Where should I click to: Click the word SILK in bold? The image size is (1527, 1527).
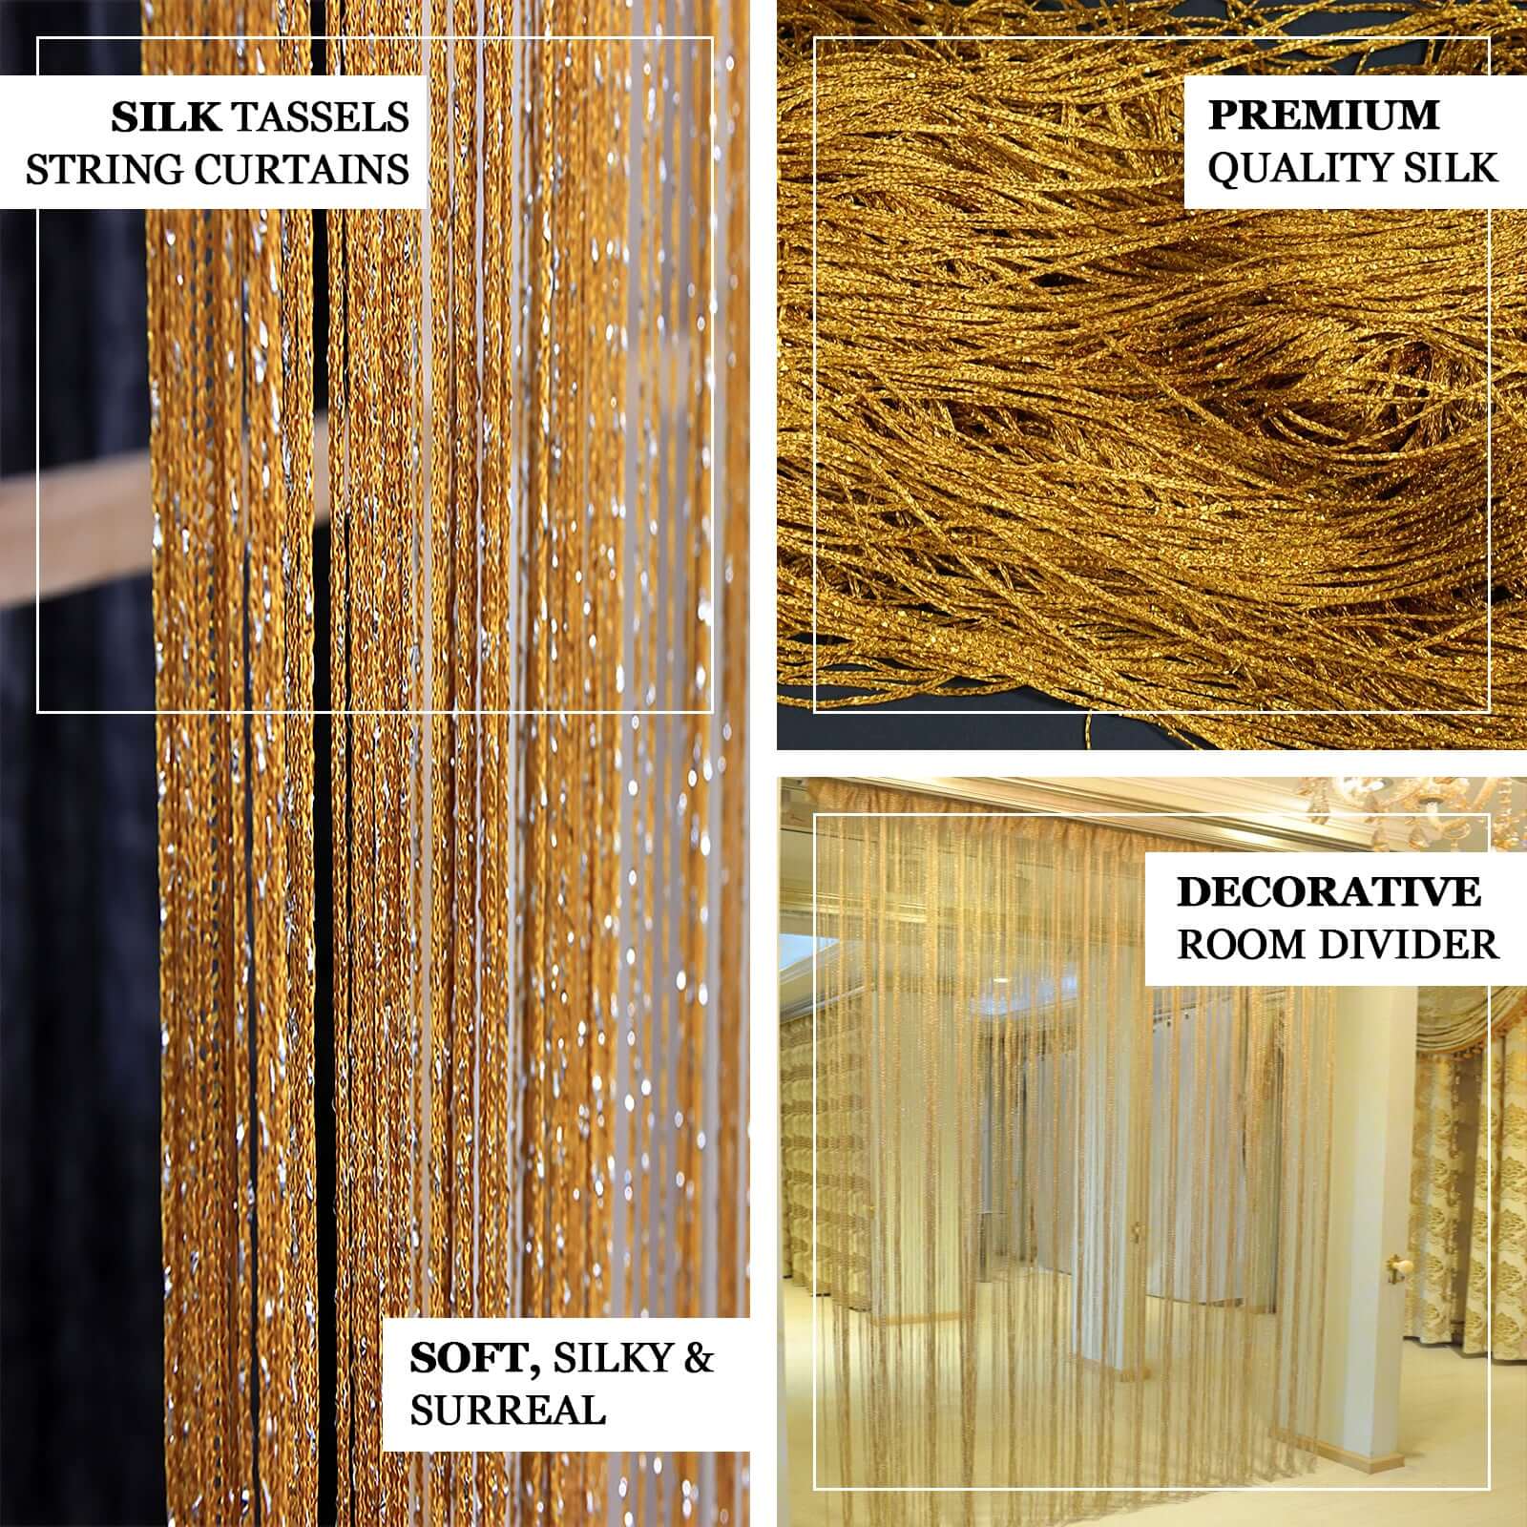point(166,117)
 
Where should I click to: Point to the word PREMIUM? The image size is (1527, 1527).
point(1323,115)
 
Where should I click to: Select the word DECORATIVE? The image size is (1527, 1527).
point(1328,892)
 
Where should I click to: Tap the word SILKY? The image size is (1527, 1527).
point(612,1359)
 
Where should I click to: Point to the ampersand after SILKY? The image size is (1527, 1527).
point(697,1359)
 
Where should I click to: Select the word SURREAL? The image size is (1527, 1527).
point(508,1411)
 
